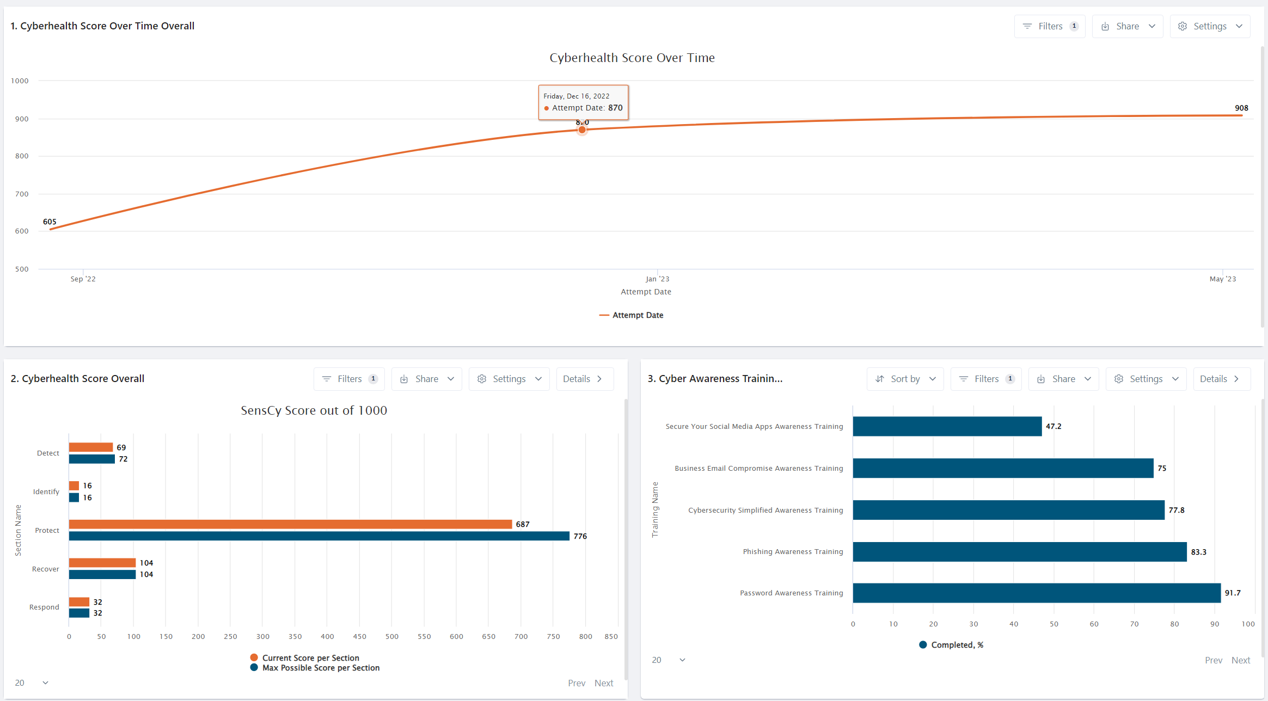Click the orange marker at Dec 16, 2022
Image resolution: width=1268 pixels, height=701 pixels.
582,130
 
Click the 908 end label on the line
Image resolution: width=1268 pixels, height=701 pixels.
1241,108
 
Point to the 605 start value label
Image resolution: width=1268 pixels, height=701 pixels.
50,222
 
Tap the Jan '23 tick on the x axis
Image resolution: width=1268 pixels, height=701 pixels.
657,279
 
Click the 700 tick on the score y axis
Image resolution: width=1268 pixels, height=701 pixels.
22,194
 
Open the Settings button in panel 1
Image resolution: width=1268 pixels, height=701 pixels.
1210,26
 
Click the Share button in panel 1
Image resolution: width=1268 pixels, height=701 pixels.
1128,26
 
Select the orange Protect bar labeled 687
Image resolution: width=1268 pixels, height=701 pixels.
290,524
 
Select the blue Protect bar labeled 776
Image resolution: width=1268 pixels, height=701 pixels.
319,536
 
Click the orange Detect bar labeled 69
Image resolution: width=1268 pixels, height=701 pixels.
90,447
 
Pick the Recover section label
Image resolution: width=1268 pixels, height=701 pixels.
45,569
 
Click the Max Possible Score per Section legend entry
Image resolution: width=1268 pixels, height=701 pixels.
320,668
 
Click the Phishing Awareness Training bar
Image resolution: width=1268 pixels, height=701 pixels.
1019,552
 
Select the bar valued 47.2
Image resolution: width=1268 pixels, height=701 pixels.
947,426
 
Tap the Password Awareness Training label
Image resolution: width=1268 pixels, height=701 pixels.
791,593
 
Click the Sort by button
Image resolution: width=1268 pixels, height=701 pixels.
905,379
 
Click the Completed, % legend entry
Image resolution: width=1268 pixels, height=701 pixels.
957,645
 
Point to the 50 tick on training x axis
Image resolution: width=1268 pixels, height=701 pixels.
1054,624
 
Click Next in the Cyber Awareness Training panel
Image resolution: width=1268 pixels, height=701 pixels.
1241,660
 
